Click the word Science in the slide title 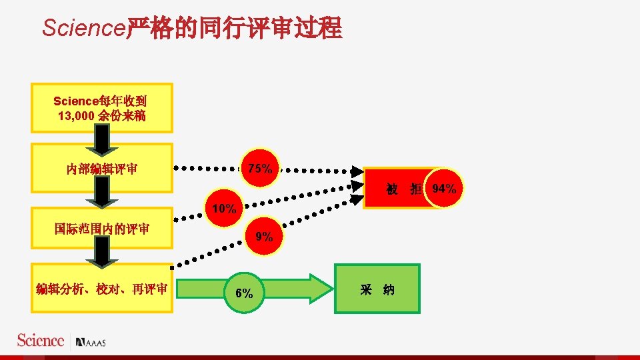83,28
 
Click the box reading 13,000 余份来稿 102,108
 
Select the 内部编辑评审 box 102,168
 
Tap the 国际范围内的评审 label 102,229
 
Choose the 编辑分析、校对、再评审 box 102,288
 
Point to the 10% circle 224,209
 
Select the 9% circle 264,236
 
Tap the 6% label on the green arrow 244,293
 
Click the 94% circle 444,189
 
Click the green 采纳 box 377,289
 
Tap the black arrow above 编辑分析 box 102,252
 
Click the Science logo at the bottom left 41,340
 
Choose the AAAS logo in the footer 91,342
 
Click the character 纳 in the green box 389,289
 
